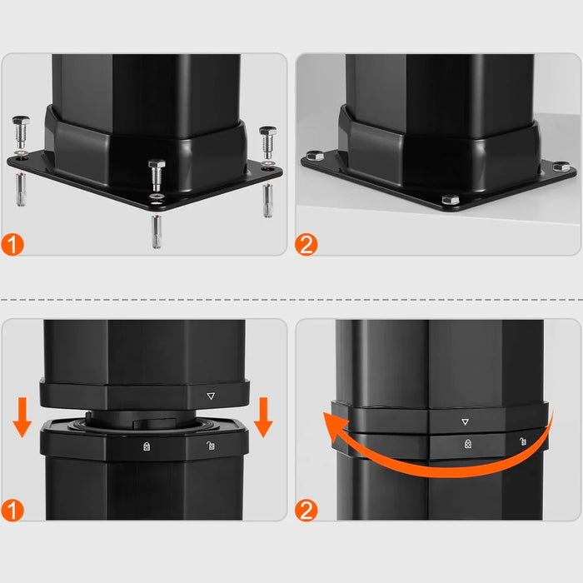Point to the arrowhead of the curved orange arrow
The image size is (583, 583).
pos(335,428)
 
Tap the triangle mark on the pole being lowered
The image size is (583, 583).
pos(210,398)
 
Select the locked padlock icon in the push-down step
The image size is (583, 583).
pos(147,446)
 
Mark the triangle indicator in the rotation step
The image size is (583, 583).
pos(465,421)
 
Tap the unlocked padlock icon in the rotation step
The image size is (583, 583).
pos(522,441)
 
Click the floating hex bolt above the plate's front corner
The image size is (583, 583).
pos(156,176)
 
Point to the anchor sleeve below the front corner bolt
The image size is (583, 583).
pos(157,230)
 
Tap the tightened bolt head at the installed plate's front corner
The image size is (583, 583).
pos(450,200)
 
